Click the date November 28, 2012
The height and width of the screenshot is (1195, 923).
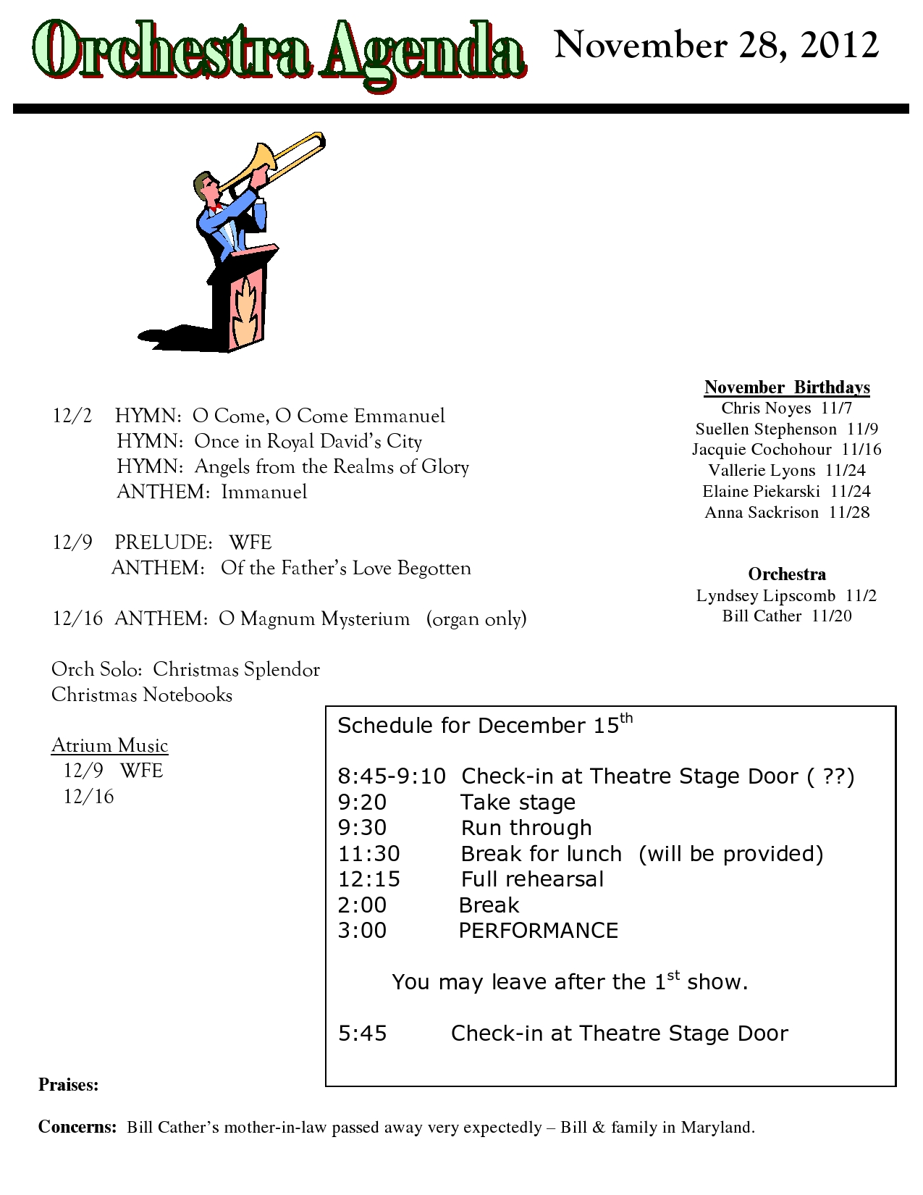click(716, 46)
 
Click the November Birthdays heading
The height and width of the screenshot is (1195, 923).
click(787, 387)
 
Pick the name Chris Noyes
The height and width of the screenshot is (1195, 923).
click(765, 408)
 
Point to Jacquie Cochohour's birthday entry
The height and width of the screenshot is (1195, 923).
click(787, 450)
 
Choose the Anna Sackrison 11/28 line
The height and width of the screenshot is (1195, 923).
click(787, 513)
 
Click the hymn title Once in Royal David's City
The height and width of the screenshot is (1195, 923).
click(308, 441)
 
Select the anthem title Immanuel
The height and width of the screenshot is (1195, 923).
click(264, 492)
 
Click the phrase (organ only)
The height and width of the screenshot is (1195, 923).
click(476, 619)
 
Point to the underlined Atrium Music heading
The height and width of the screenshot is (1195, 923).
click(109, 745)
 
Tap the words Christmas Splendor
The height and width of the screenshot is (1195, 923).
click(236, 669)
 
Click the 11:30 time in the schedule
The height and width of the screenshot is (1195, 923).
click(368, 854)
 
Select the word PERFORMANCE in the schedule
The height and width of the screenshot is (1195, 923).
click(539, 931)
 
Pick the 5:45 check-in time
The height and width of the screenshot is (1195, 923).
click(363, 1033)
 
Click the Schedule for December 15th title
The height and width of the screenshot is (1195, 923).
click(484, 725)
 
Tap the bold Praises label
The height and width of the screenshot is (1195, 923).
click(68, 1085)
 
